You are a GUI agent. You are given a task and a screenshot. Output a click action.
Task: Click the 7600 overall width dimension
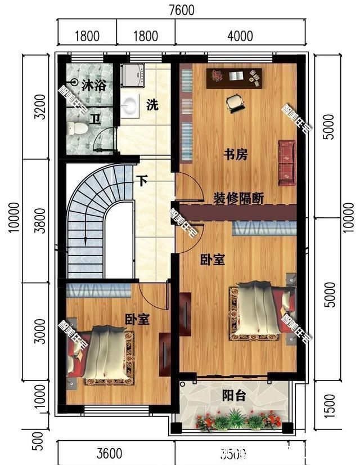tap(181, 10)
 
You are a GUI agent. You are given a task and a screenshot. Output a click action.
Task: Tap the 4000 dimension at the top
tap(240, 37)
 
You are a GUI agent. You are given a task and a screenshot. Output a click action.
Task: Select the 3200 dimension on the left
tap(39, 105)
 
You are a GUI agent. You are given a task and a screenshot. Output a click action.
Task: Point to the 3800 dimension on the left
tap(39, 218)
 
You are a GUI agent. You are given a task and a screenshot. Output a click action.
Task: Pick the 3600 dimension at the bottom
tap(109, 453)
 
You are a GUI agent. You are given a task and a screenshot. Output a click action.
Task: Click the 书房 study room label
tap(236, 154)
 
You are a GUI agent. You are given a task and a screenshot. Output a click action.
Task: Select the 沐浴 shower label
tap(93, 86)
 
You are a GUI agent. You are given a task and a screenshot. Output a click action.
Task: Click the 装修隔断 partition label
tap(238, 198)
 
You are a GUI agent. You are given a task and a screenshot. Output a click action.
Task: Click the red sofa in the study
tap(287, 162)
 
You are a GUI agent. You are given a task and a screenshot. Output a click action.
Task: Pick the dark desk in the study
tap(235, 78)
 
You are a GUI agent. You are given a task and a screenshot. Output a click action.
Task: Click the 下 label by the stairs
tap(143, 182)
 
